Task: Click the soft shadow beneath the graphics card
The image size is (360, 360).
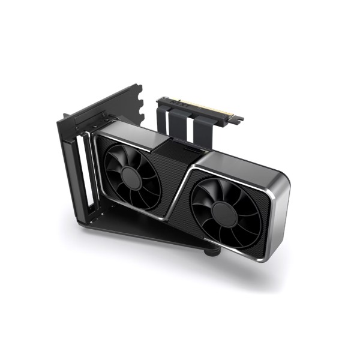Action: coord(282,270)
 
